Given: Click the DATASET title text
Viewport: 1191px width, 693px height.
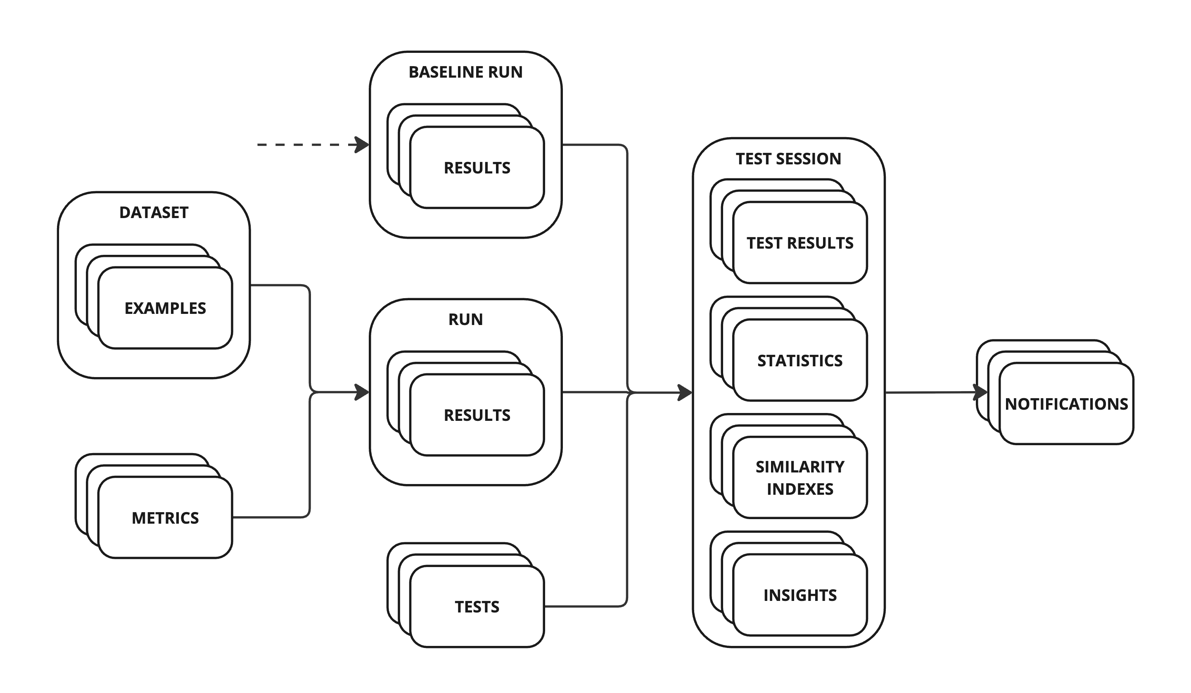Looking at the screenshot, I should tap(154, 213).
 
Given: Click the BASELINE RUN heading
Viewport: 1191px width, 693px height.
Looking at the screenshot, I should tap(465, 72).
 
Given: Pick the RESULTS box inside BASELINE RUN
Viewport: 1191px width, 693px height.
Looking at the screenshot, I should tap(477, 168).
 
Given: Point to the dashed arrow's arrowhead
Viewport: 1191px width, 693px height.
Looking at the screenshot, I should tap(362, 145).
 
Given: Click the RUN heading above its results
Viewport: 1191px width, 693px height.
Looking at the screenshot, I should tap(465, 320).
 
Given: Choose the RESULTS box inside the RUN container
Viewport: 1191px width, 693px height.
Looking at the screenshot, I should tap(477, 415).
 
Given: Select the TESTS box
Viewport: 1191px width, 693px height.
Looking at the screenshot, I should tap(477, 607).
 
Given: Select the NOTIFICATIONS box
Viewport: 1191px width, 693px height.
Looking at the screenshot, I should tap(1066, 404).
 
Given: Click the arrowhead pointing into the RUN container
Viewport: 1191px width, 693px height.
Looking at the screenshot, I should tap(362, 392).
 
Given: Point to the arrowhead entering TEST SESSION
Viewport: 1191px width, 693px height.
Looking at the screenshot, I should tap(685, 393).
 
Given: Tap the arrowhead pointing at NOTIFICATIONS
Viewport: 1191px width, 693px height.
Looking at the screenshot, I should tap(981, 392).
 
